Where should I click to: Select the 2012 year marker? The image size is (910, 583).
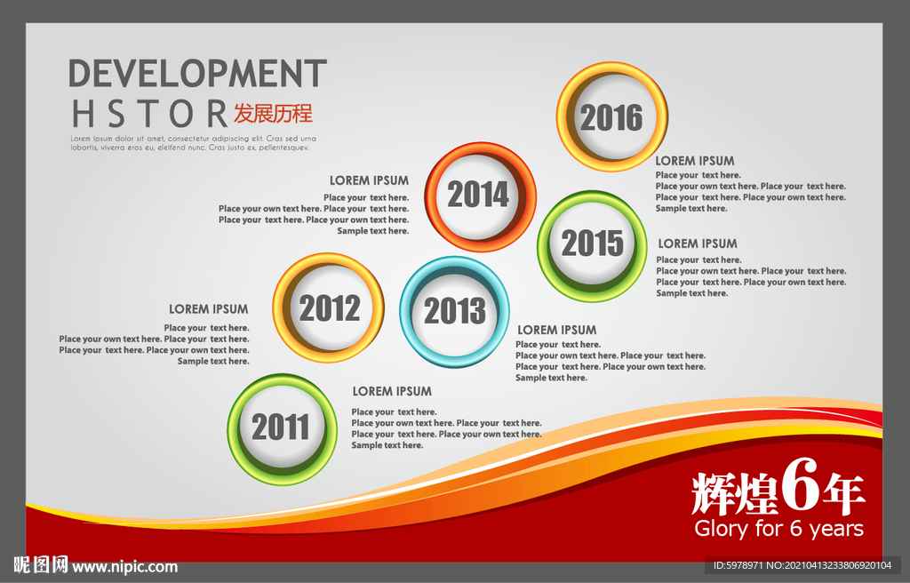329,307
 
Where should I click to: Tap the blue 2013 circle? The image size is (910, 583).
454,312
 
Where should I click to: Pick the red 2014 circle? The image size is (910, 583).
480,196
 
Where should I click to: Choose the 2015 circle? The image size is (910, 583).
592,245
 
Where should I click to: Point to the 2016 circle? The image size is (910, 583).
611,116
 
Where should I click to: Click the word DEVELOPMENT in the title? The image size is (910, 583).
198,73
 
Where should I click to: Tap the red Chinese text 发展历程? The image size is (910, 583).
273,113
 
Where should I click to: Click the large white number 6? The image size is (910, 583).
800,484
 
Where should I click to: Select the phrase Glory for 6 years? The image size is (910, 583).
778,529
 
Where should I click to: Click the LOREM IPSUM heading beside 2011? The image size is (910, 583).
392,391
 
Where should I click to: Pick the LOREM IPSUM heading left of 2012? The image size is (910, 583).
208,309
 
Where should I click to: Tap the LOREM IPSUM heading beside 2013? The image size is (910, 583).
556,330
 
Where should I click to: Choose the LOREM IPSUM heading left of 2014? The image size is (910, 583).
369,180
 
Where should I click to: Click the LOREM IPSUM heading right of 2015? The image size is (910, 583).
698,244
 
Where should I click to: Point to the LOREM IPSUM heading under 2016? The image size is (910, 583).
695,161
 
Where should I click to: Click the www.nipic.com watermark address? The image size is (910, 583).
124,567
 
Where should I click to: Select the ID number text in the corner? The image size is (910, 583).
802,565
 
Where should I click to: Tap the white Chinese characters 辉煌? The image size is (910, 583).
734,494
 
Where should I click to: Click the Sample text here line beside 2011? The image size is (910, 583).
387,445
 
